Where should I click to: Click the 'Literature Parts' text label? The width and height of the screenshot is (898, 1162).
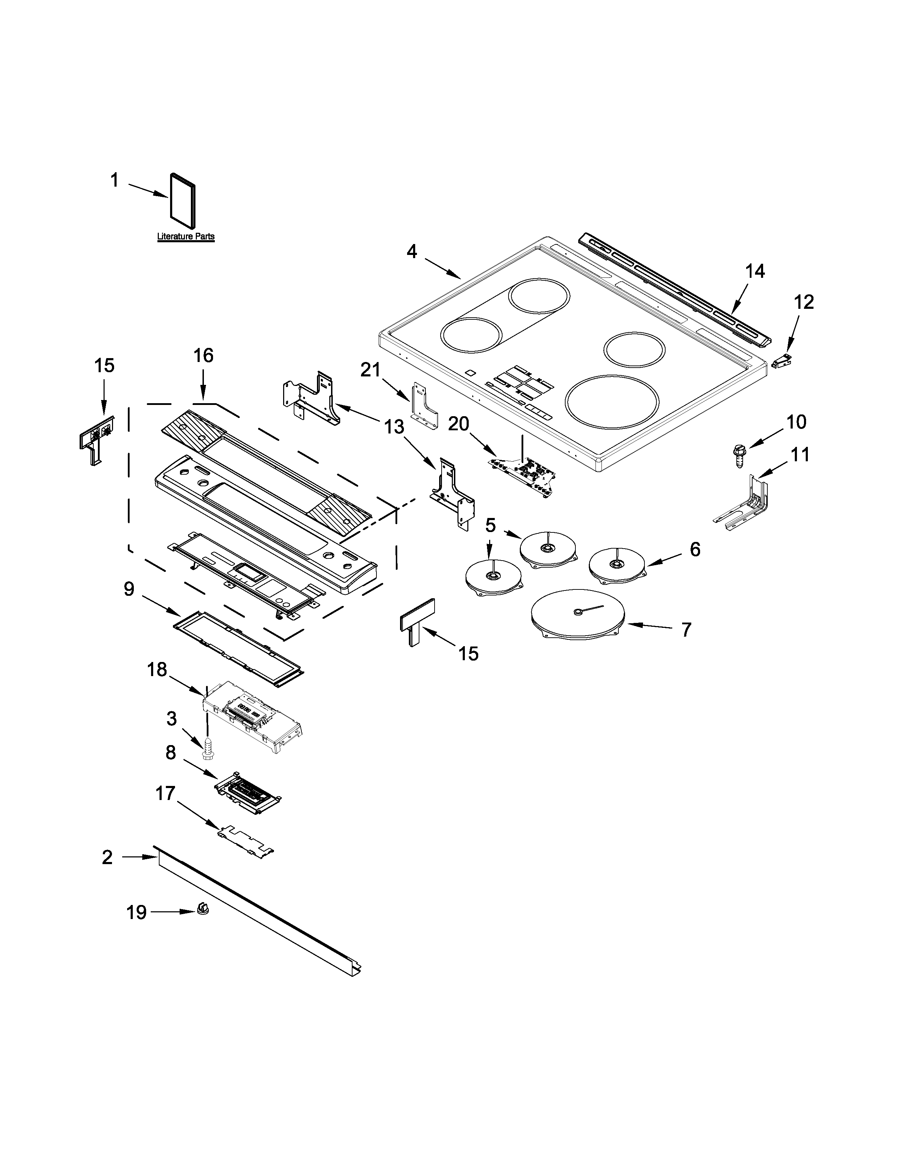point(186,236)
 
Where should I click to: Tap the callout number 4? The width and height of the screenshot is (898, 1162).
point(412,252)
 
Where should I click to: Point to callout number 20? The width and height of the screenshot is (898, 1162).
point(458,424)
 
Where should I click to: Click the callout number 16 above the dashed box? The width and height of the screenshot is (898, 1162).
point(204,356)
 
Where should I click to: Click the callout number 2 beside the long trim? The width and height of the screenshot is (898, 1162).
point(107,858)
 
